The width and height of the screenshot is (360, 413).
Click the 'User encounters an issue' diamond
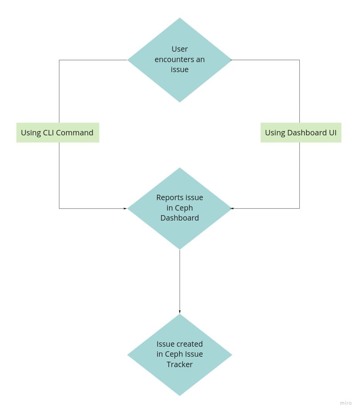pos(179,60)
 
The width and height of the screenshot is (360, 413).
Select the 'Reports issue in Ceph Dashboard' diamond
pos(179,208)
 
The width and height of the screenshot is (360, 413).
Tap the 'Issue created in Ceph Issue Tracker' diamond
pos(179,354)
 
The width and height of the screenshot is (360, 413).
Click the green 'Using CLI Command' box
pos(57,133)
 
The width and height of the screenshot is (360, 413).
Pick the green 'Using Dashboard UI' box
pos(301,133)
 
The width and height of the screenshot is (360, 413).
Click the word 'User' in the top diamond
pos(179,49)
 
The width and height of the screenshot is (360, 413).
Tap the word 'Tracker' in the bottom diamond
pos(179,364)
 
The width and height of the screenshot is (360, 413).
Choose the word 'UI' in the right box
pos(332,133)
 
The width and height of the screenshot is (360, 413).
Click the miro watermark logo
pos(346,403)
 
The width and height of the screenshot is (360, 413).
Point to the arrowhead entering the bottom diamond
pos(179,312)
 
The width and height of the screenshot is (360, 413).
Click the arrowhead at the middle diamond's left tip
pos(125,208)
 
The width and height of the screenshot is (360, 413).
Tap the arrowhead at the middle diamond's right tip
pos(232,208)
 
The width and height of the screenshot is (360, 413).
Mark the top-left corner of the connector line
pos(59,60)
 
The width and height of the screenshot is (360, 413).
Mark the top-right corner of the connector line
pos(299,60)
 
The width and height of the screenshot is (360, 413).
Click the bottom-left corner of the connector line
pos(59,208)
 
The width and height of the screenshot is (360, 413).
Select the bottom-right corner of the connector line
pos(299,208)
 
